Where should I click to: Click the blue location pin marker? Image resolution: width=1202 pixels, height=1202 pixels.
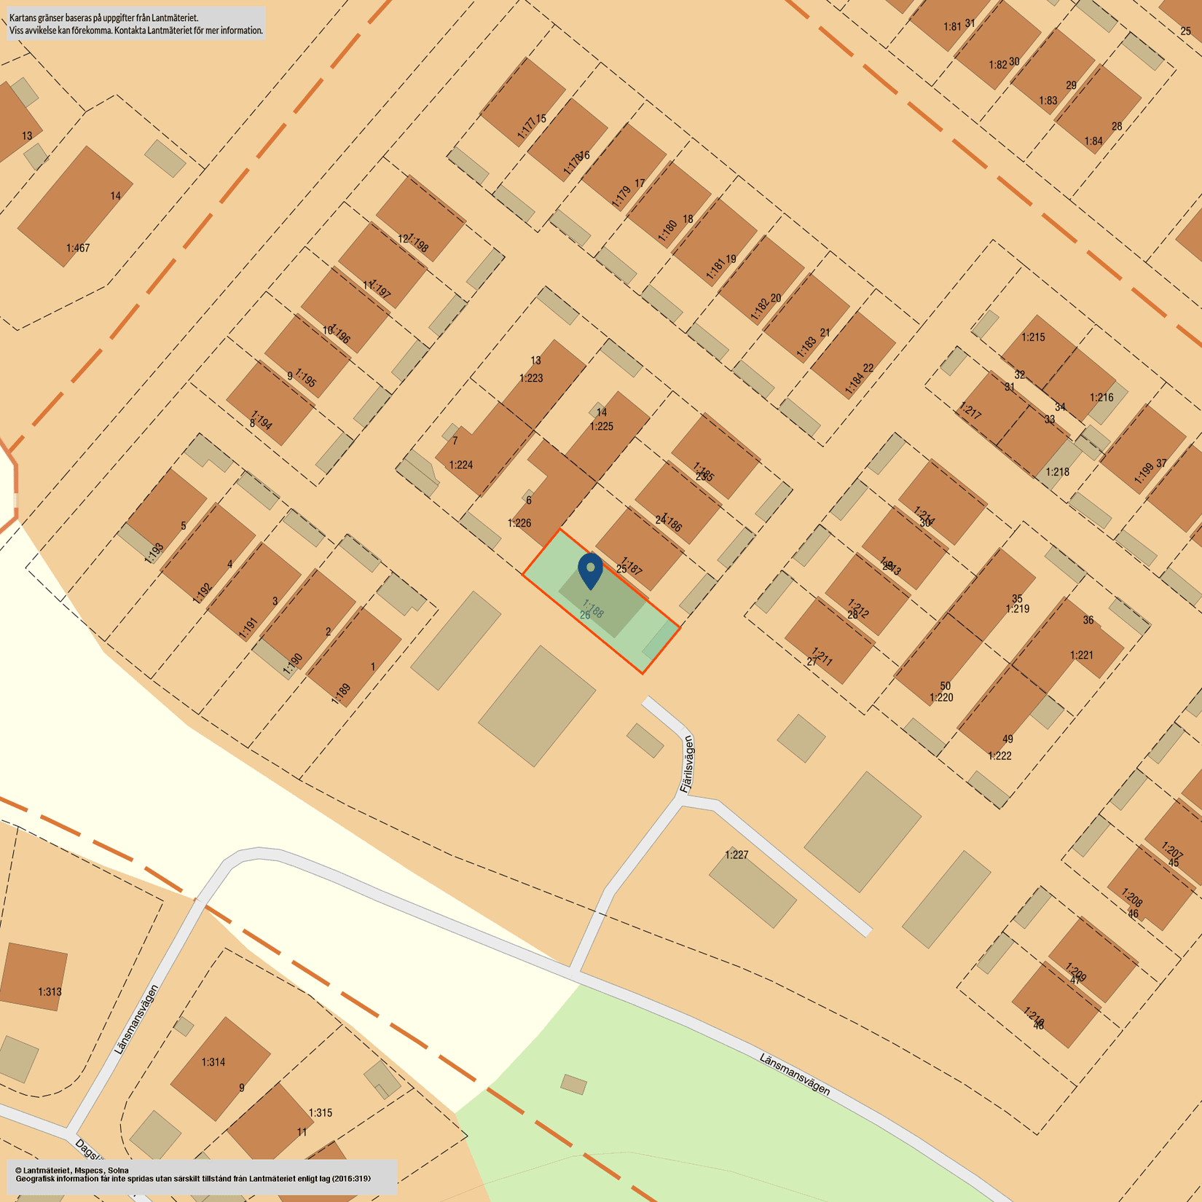590,569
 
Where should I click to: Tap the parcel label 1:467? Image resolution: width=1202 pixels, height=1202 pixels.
78,248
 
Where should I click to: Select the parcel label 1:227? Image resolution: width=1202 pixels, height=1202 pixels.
736,855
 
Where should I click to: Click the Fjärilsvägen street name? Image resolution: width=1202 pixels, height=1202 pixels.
687,765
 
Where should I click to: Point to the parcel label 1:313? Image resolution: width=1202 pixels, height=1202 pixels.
50,991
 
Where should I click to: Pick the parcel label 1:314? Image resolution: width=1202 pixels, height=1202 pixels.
213,1062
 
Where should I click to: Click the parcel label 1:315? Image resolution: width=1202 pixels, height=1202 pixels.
320,1112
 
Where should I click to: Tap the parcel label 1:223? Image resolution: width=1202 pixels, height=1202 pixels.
531,378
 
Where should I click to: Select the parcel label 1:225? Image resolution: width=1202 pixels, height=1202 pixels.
601,426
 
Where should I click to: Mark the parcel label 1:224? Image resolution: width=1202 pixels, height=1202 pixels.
460,465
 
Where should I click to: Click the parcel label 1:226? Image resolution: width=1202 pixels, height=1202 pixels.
519,523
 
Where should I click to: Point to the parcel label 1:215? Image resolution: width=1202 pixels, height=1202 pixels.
1033,337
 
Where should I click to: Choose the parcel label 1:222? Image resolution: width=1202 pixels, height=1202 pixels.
999,756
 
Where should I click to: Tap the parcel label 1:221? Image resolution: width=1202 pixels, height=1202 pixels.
1082,655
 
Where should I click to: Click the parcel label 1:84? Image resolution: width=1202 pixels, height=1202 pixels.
1093,141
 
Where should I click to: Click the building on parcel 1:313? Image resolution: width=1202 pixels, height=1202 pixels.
34,976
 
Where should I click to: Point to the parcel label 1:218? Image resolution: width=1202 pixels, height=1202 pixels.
1057,472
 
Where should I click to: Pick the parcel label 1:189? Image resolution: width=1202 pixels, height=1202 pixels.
341,694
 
